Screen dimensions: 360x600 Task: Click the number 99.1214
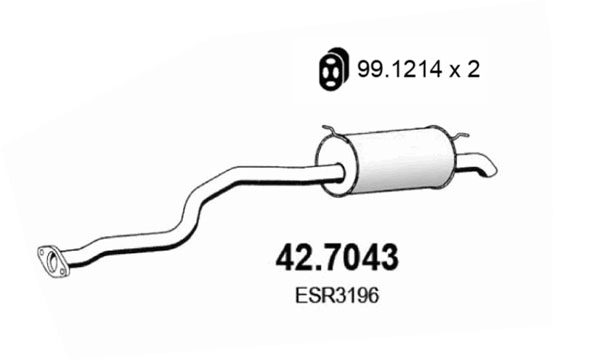(386, 69)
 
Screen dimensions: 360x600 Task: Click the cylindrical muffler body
(395, 160)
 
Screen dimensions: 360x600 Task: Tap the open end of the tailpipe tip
(489, 166)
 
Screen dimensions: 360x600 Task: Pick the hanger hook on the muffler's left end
(331, 131)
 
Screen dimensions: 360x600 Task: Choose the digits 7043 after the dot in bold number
(363, 257)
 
